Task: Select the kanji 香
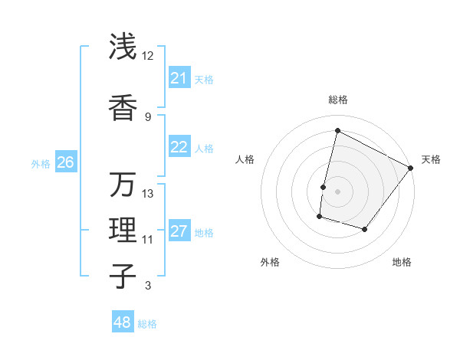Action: tap(123, 109)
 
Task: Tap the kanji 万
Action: tap(123, 184)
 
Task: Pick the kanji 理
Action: tap(123, 231)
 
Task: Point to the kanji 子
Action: tap(123, 276)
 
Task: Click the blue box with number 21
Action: tap(179, 78)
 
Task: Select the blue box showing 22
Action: tap(179, 148)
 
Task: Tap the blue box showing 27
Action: tap(179, 231)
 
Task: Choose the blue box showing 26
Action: tap(65, 162)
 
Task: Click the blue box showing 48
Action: tap(123, 322)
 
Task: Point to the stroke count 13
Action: tap(148, 193)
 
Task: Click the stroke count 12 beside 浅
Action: tap(148, 55)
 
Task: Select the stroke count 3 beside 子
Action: tap(148, 286)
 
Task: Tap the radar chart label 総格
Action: tap(337, 100)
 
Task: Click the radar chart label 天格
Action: tap(431, 159)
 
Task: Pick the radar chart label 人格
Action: tap(245, 159)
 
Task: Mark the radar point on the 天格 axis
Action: tap(411, 168)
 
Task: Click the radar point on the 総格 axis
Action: tap(337, 130)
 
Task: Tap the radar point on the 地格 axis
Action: tap(365, 229)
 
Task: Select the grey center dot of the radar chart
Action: tap(337, 191)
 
